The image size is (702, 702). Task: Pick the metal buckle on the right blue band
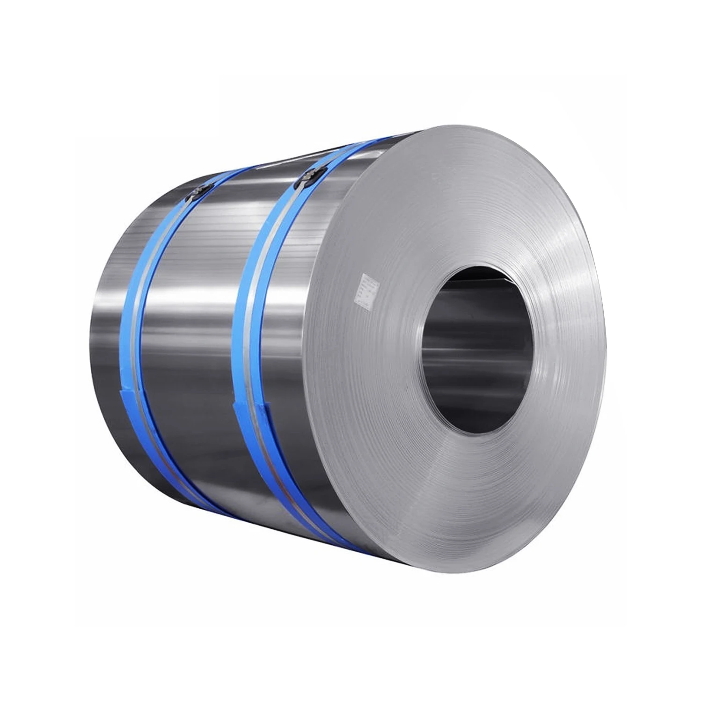305,179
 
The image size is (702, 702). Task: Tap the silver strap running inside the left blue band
140,328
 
